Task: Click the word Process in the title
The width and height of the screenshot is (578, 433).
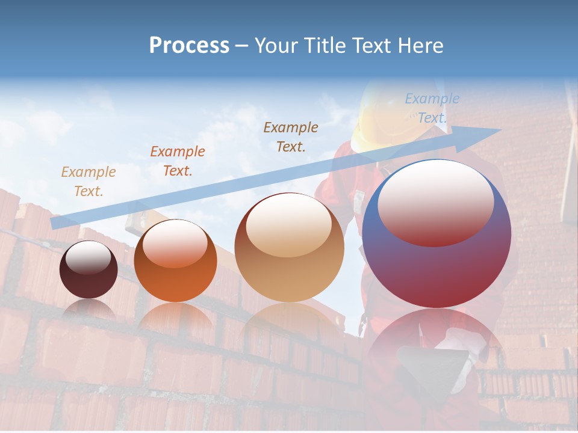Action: tap(189, 46)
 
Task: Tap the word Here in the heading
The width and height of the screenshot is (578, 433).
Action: tap(420, 46)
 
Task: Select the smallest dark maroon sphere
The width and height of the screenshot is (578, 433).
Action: tap(89, 269)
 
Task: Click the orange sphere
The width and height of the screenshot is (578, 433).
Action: tap(175, 261)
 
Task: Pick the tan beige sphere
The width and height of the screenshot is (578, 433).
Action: tap(289, 248)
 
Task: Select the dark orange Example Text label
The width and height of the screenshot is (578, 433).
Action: tap(177, 161)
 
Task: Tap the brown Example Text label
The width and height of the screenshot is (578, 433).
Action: tap(291, 137)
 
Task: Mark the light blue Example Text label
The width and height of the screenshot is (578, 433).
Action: tap(432, 108)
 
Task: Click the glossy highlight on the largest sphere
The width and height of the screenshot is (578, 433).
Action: tap(435, 203)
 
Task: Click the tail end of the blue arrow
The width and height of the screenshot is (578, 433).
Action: tap(55, 223)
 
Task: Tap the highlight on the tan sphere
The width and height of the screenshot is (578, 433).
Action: tap(288, 225)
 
